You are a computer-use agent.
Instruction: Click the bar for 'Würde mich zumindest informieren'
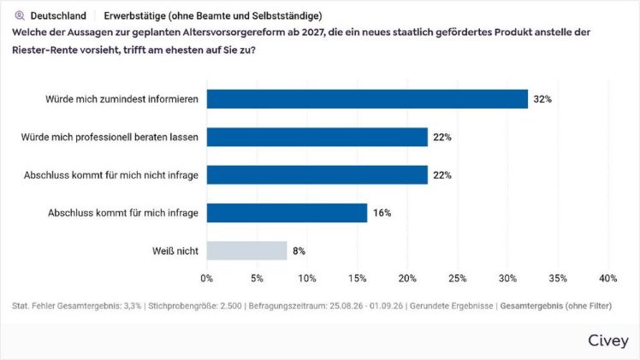(x=367, y=99)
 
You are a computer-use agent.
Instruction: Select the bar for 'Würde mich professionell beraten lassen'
(x=317, y=137)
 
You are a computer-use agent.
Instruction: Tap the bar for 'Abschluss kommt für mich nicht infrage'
(x=317, y=175)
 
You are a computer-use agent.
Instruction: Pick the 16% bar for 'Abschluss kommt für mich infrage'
(x=287, y=213)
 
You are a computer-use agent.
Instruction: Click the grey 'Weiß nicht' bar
(x=246, y=251)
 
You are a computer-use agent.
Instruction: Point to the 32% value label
(x=542, y=99)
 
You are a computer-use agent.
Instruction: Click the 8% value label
(x=299, y=251)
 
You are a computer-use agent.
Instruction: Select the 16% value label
(x=382, y=213)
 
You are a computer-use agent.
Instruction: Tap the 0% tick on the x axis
(x=206, y=278)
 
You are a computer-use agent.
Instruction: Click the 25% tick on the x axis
(x=457, y=278)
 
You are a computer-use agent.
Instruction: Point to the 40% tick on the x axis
(x=607, y=278)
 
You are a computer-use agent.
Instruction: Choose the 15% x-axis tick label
(x=357, y=278)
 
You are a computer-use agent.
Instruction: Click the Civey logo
(x=608, y=340)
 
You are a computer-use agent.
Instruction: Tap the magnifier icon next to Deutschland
(x=20, y=16)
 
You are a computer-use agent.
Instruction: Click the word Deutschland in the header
(x=58, y=16)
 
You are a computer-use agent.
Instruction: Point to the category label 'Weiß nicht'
(x=175, y=251)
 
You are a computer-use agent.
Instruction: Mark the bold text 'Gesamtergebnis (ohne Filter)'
(x=556, y=306)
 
